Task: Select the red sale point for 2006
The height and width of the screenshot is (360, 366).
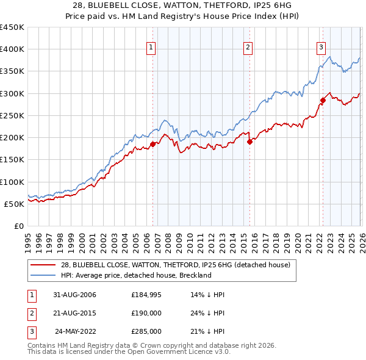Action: click(153, 144)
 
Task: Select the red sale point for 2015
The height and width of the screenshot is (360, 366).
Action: click(249, 142)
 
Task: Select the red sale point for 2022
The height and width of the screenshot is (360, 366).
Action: click(323, 100)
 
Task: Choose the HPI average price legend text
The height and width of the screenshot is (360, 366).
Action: click(135, 275)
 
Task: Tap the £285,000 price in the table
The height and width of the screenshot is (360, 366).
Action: click(146, 331)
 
